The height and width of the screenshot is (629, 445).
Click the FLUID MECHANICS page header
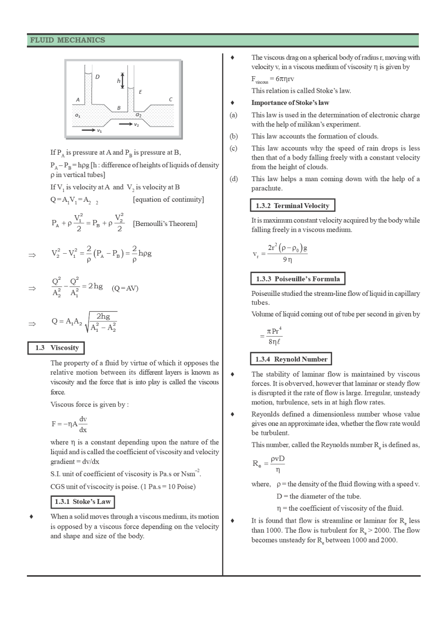(67, 40)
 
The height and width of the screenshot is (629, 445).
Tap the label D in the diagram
(97, 77)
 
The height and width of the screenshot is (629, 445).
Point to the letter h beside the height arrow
(119, 81)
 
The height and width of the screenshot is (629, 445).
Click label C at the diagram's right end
(170, 99)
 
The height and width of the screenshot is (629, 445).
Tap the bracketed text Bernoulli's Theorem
(165, 223)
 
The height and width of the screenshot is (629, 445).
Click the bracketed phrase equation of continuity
(168, 200)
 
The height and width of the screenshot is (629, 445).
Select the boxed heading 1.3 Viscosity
(56, 348)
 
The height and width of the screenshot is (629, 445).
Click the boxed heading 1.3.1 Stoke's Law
(83, 502)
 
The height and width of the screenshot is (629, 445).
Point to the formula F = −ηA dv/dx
(70, 424)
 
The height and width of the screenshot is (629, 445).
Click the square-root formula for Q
(85, 321)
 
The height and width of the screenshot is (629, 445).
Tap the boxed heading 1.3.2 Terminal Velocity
(292, 206)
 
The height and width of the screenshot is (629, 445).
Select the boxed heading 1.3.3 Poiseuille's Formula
(297, 279)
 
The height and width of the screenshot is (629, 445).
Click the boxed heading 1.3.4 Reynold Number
(291, 359)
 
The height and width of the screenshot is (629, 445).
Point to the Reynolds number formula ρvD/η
(269, 464)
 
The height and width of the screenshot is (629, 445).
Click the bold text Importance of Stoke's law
(290, 103)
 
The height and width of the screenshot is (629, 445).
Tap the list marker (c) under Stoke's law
(233, 148)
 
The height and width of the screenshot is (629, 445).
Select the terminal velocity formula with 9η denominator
(280, 253)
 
